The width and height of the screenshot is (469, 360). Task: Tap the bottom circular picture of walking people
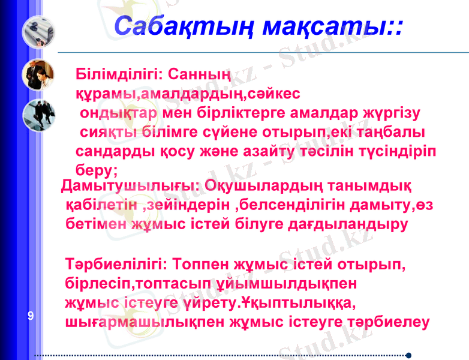tap(38, 115)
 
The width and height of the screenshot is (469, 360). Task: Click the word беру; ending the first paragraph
tap(97, 169)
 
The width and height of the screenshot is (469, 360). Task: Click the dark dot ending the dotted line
tap(408, 355)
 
